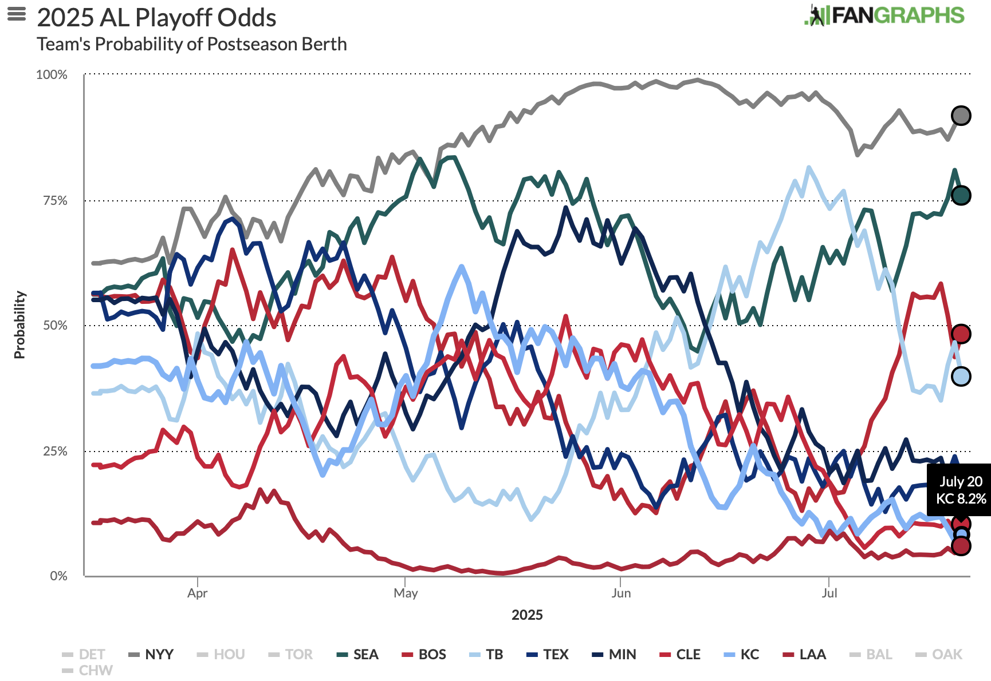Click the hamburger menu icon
pyautogui.click(x=17, y=14)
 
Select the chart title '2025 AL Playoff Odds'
pyautogui.click(x=156, y=18)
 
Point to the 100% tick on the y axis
pyautogui.click(x=52, y=75)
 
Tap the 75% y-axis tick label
pyautogui.click(x=55, y=200)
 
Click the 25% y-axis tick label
pyautogui.click(x=55, y=451)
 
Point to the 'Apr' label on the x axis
pyautogui.click(x=197, y=593)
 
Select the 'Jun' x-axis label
pyautogui.click(x=621, y=593)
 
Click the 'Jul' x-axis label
pyautogui.click(x=829, y=593)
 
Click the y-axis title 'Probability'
pyautogui.click(x=20, y=324)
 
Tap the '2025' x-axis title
pyautogui.click(x=527, y=615)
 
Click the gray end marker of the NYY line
pyautogui.click(x=961, y=116)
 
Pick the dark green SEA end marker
pyautogui.click(x=961, y=195)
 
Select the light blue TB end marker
pyautogui.click(x=961, y=376)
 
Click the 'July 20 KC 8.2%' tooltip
pyautogui.click(x=961, y=490)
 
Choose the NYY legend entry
pyautogui.click(x=151, y=654)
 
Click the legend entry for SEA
pyautogui.click(x=358, y=654)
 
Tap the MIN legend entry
pyautogui.click(x=614, y=654)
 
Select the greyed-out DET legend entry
pyautogui.click(x=84, y=654)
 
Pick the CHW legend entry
pyautogui.click(x=88, y=670)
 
